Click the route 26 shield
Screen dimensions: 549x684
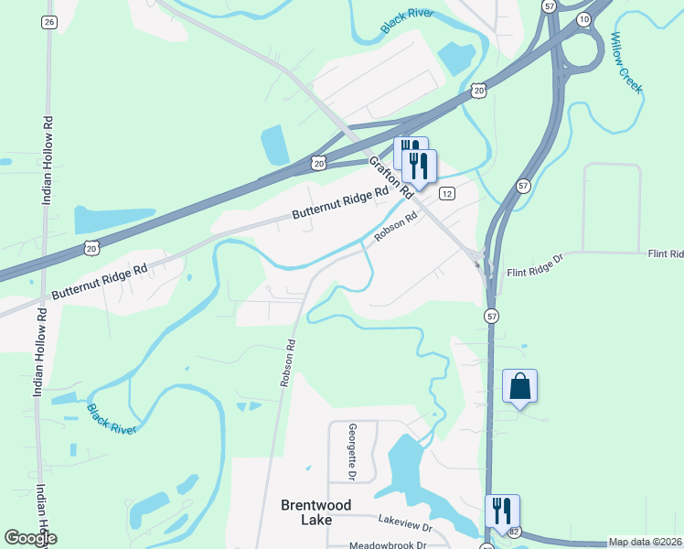[x=49, y=22]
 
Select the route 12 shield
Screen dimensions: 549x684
[x=446, y=193]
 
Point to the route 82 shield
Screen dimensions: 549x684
[x=515, y=533]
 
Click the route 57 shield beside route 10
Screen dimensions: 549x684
[x=549, y=5]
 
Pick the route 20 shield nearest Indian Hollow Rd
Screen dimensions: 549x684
[x=90, y=248]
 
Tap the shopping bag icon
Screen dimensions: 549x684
[x=519, y=386]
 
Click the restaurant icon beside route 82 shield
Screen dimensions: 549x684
[x=501, y=511]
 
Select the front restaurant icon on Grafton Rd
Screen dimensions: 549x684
[x=419, y=167]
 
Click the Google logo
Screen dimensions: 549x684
[x=30, y=538]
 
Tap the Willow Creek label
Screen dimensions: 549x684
[x=626, y=62]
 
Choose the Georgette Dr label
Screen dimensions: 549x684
[x=352, y=452]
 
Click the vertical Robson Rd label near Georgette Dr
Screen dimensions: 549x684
[x=289, y=364]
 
